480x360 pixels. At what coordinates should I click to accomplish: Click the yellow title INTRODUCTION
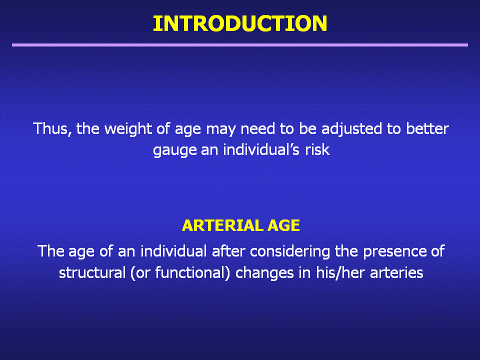coord(240,23)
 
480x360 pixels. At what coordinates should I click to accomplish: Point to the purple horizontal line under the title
coord(240,45)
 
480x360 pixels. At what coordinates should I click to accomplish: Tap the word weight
coord(128,129)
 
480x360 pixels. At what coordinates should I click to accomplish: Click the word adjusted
coord(351,129)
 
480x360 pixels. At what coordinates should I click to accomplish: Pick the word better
coord(427,129)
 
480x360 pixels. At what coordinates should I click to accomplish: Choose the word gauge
coord(175,150)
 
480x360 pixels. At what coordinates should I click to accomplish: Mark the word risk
coord(317,149)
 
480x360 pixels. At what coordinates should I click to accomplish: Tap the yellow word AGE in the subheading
coord(283,225)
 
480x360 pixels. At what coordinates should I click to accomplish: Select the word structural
coord(92,272)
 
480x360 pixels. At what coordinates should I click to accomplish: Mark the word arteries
coord(396,272)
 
